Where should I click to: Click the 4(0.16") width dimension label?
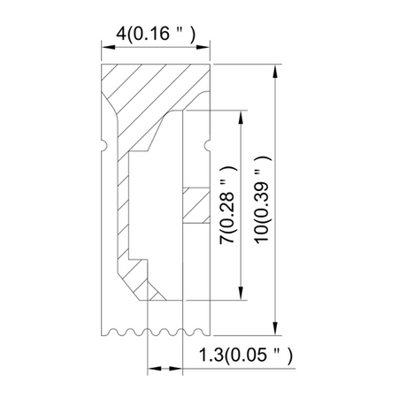point(156,34)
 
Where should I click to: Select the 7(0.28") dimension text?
point(228,204)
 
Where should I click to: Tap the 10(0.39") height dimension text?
point(262,199)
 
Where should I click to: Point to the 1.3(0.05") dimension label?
point(246,355)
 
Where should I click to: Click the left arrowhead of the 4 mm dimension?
point(108,47)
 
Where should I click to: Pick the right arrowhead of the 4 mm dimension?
point(203,47)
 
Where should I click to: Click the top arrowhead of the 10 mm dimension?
point(275,71)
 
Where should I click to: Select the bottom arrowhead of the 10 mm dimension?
point(275,328)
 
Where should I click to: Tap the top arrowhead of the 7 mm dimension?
point(241,118)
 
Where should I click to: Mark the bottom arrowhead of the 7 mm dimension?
point(241,294)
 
